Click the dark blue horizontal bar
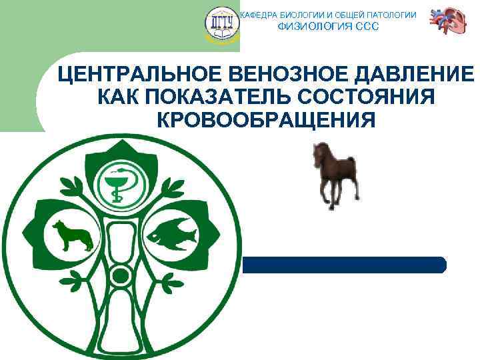click(343, 265)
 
